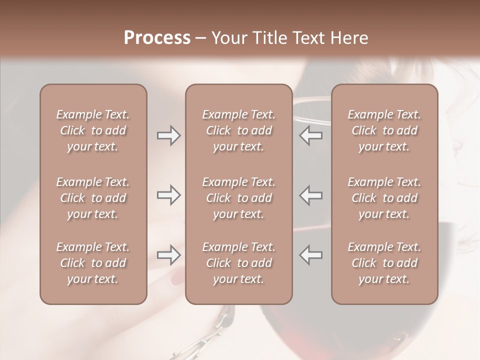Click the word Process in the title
(x=157, y=38)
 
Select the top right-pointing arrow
(x=169, y=135)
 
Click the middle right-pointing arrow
(x=169, y=195)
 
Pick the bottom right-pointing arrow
(x=169, y=255)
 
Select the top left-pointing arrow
(x=310, y=135)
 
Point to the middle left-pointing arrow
(x=310, y=195)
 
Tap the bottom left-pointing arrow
(x=310, y=255)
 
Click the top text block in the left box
(x=93, y=130)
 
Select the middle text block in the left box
(x=93, y=198)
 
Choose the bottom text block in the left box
(x=93, y=263)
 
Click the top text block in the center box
(x=238, y=130)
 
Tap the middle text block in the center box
(x=238, y=198)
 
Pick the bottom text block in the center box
(x=238, y=263)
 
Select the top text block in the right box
(x=384, y=130)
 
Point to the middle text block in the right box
(x=384, y=198)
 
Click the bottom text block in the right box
(x=384, y=263)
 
